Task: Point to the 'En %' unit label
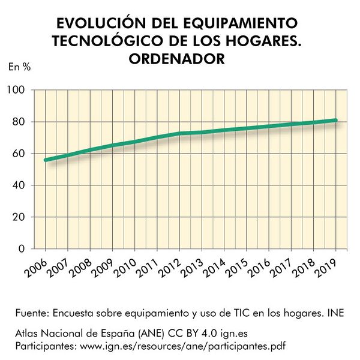pos(19,67)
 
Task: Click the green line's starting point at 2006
pos(46,160)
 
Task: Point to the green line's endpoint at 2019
pos(335,121)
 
